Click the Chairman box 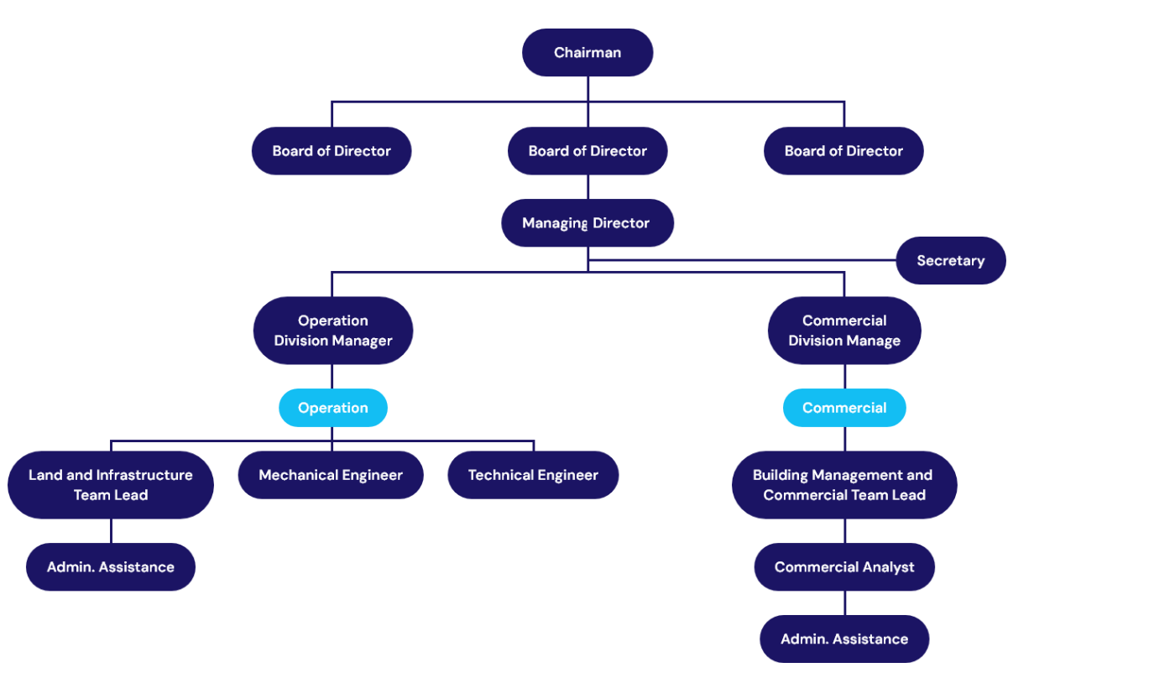click(x=587, y=53)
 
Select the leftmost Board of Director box click(x=332, y=151)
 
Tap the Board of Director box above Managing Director click(x=587, y=151)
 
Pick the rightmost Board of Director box click(x=843, y=151)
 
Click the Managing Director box click(x=587, y=223)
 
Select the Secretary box click(x=950, y=261)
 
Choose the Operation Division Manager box click(x=333, y=331)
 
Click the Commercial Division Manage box click(x=844, y=331)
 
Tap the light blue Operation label click(x=333, y=408)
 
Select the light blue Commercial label click(x=844, y=408)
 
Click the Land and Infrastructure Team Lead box click(x=111, y=485)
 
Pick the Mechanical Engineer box click(x=331, y=475)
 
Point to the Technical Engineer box click(x=533, y=475)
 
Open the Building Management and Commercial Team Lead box click(x=844, y=485)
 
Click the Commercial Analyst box click(x=844, y=567)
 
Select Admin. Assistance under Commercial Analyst click(x=844, y=639)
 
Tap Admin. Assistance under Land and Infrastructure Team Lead click(x=111, y=567)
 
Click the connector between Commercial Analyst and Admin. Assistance click(x=844, y=603)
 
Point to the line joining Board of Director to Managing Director click(x=587, y=187)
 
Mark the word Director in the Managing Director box click(x=621, y=223)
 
